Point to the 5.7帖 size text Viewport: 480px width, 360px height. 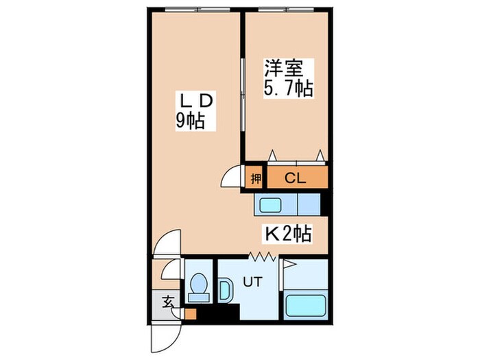click(x=289, y=88)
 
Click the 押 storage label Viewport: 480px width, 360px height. click(x=255, y=179)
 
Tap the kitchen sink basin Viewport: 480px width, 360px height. click(x=269, y=204)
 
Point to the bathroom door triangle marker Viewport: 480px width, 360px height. click(x=288, y=263)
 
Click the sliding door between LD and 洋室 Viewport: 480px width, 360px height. click(x=242, y=96)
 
